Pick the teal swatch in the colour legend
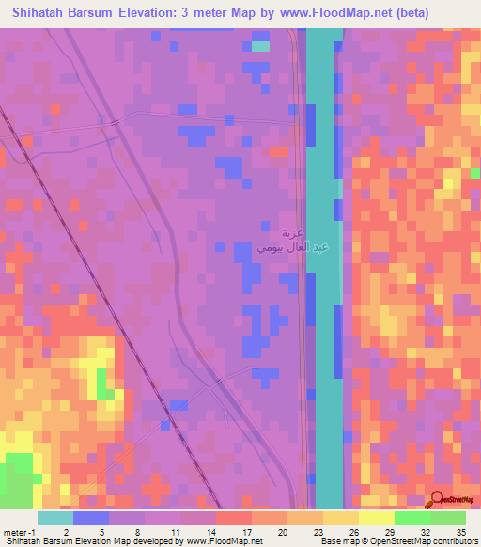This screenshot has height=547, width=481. click(x=55, y=519)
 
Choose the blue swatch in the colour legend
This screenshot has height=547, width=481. click(x=91, y=519)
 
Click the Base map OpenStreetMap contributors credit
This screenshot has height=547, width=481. click(x=397, y=540)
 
